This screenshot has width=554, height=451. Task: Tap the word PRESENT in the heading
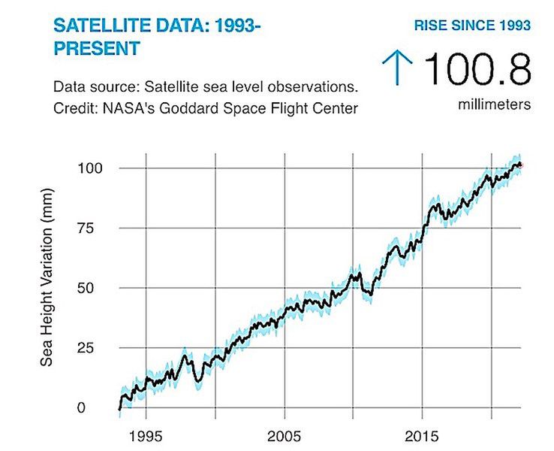[97, 49]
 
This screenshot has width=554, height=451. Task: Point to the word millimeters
[495, 104]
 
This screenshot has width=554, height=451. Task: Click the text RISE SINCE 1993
[473, 26]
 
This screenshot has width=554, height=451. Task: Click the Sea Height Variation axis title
[47, 287]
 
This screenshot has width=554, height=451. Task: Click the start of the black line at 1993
[119, 410]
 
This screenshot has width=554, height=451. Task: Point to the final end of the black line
[521, 165]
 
